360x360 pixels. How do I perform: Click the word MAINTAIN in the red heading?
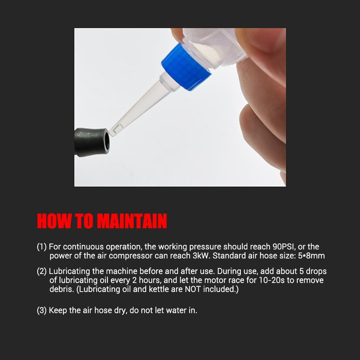click(132, 221)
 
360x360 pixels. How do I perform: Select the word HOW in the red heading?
click(54, 221)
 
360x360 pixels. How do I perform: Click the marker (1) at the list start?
click(42, 247)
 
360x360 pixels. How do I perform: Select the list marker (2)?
click(42, 271)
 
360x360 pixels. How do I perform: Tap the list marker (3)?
click(42, 310)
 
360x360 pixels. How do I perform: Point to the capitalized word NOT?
click(193, 289)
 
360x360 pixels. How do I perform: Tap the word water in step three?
click(176, 310)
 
